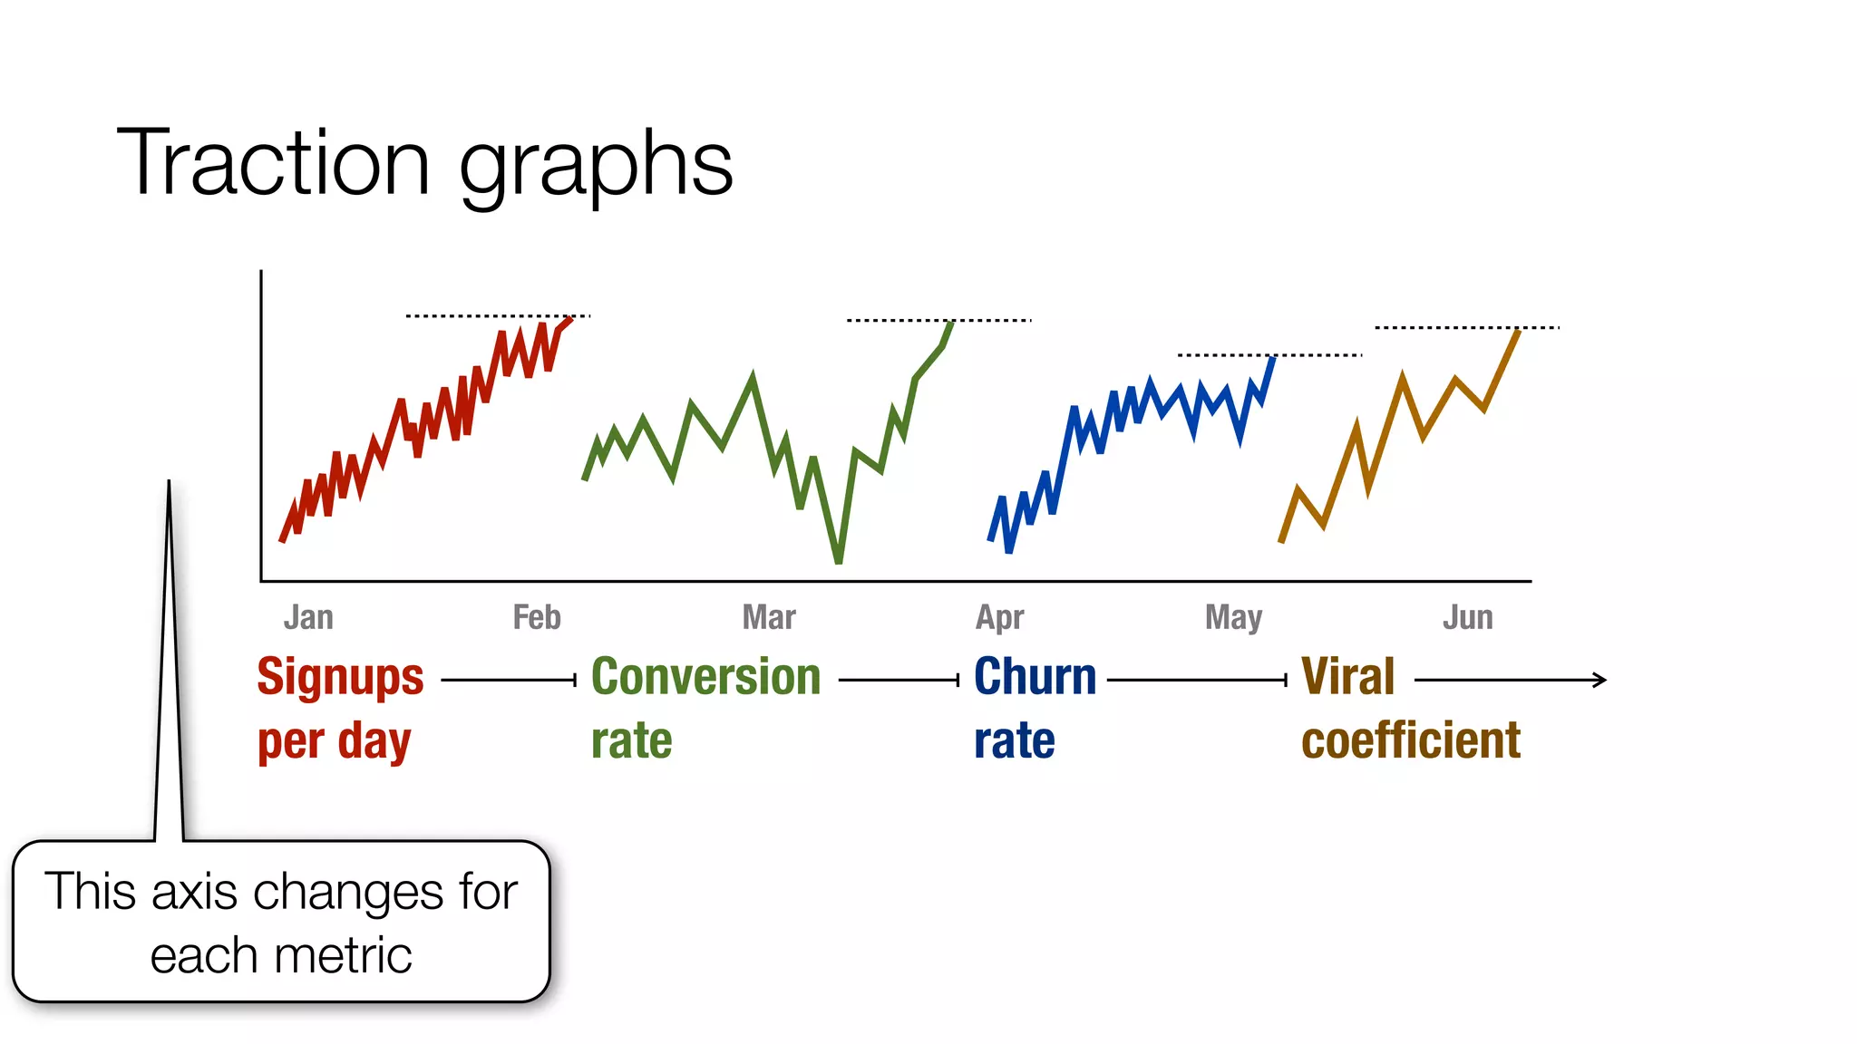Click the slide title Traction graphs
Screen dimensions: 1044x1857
click(424, 163)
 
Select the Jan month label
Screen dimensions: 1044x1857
click(308, 618)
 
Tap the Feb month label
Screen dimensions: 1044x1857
click(537, 618)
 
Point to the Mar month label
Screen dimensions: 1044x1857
click(769, 618)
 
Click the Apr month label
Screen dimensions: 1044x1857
click(999, 618)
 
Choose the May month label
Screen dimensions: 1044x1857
click(1233, 618)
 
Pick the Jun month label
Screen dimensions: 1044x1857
click(1467, 618)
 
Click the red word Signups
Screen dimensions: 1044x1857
click(340, 678)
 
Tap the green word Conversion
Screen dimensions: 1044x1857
click(705, 678)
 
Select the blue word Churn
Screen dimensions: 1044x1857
click(1035, 678)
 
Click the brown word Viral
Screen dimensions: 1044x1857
click(1347, 678)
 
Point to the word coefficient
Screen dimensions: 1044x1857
click(1410, 740)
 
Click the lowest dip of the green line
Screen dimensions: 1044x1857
click(839, 561)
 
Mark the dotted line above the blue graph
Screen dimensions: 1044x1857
click(1269, 355)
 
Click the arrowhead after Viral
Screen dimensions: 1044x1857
click(1601, 680)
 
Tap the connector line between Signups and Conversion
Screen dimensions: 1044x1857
click(508, 680)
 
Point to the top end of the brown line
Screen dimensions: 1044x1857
click(1519, 332)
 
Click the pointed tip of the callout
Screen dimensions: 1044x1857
click(169, 483)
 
